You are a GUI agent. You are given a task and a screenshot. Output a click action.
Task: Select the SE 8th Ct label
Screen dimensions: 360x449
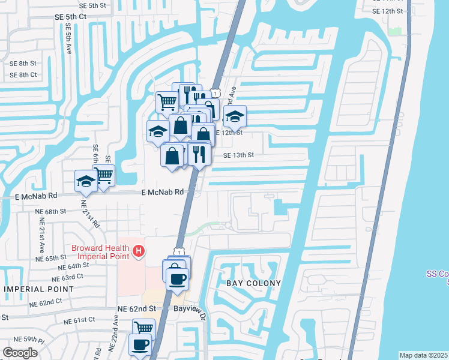click(x=23, y=75)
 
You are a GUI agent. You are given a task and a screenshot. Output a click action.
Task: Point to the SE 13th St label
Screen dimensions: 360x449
click(x=239, y=155)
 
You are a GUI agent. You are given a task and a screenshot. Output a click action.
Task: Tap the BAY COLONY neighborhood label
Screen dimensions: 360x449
click(x=253, y=283)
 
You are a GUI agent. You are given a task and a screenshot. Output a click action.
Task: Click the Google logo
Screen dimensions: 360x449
click(x=20, y=353)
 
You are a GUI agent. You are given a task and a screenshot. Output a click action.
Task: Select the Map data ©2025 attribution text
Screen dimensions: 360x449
click(x=423, y=355)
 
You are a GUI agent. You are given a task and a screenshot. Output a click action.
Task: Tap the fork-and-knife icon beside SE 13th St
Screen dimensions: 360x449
click(x=197, y=154)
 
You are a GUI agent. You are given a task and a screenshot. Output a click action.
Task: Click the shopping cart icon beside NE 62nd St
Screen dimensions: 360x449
click(x=143, y=328)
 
